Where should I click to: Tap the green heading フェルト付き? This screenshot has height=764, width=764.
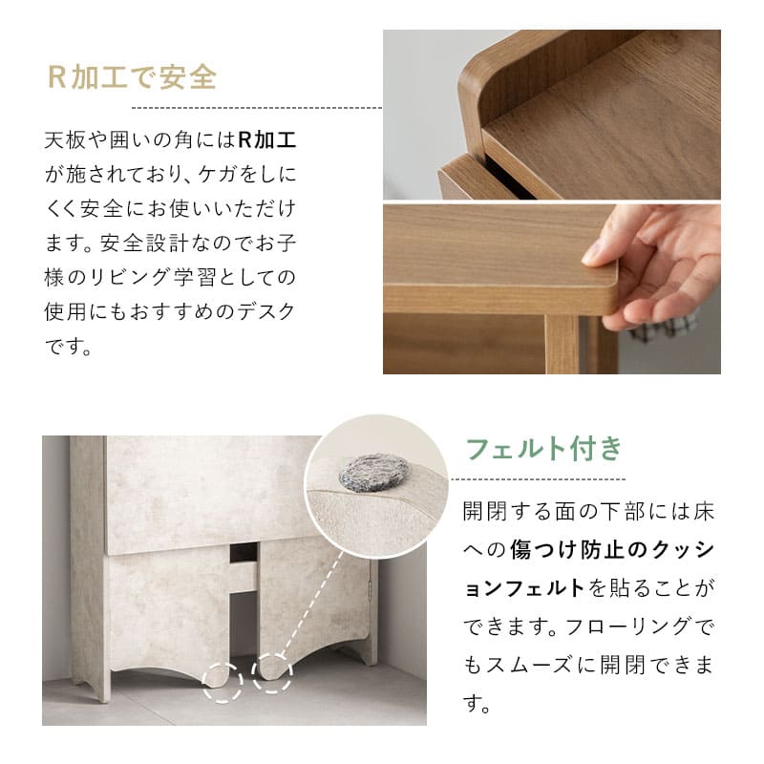(x=543, y=449)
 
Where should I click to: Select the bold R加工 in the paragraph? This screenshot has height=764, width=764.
(x=266, y=140)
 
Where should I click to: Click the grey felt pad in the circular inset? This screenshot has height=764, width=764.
(x=373, y=473)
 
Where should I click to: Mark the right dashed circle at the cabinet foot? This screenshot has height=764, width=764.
(x=272, y=672)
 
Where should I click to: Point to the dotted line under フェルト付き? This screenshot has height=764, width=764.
(x=543, y=478)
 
